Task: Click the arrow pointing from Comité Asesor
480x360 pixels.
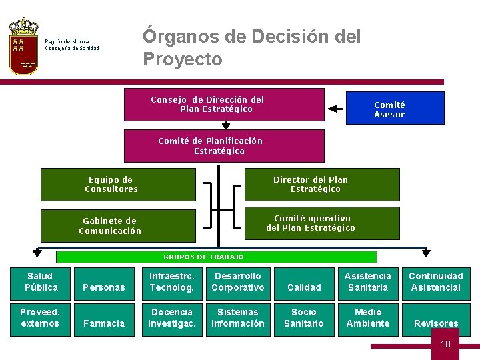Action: click(335, 109)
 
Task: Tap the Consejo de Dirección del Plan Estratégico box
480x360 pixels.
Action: click(224, 105)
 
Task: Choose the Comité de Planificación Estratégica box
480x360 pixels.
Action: click(224, 146)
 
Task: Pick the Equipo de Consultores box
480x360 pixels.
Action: click(118, 185)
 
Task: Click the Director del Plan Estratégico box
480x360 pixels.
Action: click(322, 185)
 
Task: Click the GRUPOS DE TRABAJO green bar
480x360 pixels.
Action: click(216, 257)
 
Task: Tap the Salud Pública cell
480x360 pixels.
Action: click(41, 282)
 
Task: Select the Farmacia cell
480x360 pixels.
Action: click(104, 323)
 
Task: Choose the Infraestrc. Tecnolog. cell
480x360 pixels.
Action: click(171, 282)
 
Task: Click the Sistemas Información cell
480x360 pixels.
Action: click(237, 318)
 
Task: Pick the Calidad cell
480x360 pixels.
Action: click(303, 287)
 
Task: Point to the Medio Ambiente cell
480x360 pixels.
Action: click(368, 318)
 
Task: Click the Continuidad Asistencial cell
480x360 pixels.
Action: click(435, 282)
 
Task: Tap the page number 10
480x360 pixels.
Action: click(445, 344)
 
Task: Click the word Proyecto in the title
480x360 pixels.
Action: click(183, 59)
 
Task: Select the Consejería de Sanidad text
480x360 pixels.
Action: click(72, 48)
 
